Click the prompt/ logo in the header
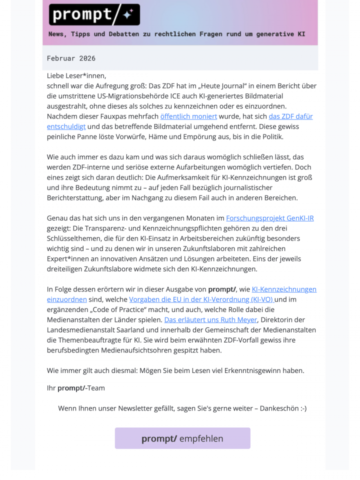point(94,15)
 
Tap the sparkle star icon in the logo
point(127,15)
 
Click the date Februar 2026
point(71,58)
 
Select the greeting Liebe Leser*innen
point(76,76)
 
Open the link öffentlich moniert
point(188,116)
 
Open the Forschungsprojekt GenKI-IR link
point(269,218)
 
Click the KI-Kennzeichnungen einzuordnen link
point(283,289)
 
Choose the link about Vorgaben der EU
point(201,299)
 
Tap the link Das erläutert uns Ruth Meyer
point(210,319)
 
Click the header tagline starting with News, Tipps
point(176,34)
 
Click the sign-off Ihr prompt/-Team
point(76,387)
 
